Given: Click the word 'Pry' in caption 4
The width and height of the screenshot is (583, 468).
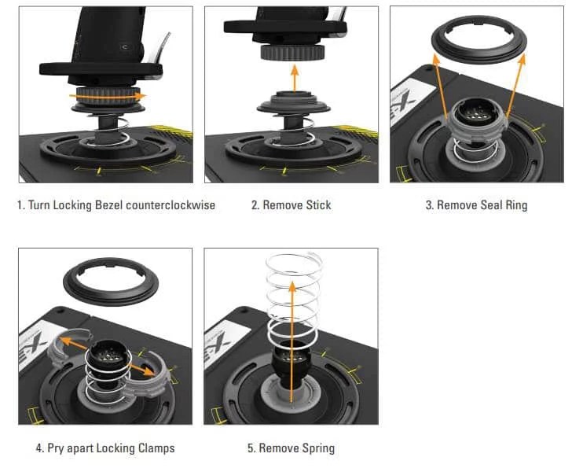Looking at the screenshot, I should pos(57,448).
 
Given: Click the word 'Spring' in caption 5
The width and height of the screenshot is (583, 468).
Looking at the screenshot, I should pos(318,448).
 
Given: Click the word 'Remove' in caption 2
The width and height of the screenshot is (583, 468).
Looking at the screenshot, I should pos(280,205).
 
